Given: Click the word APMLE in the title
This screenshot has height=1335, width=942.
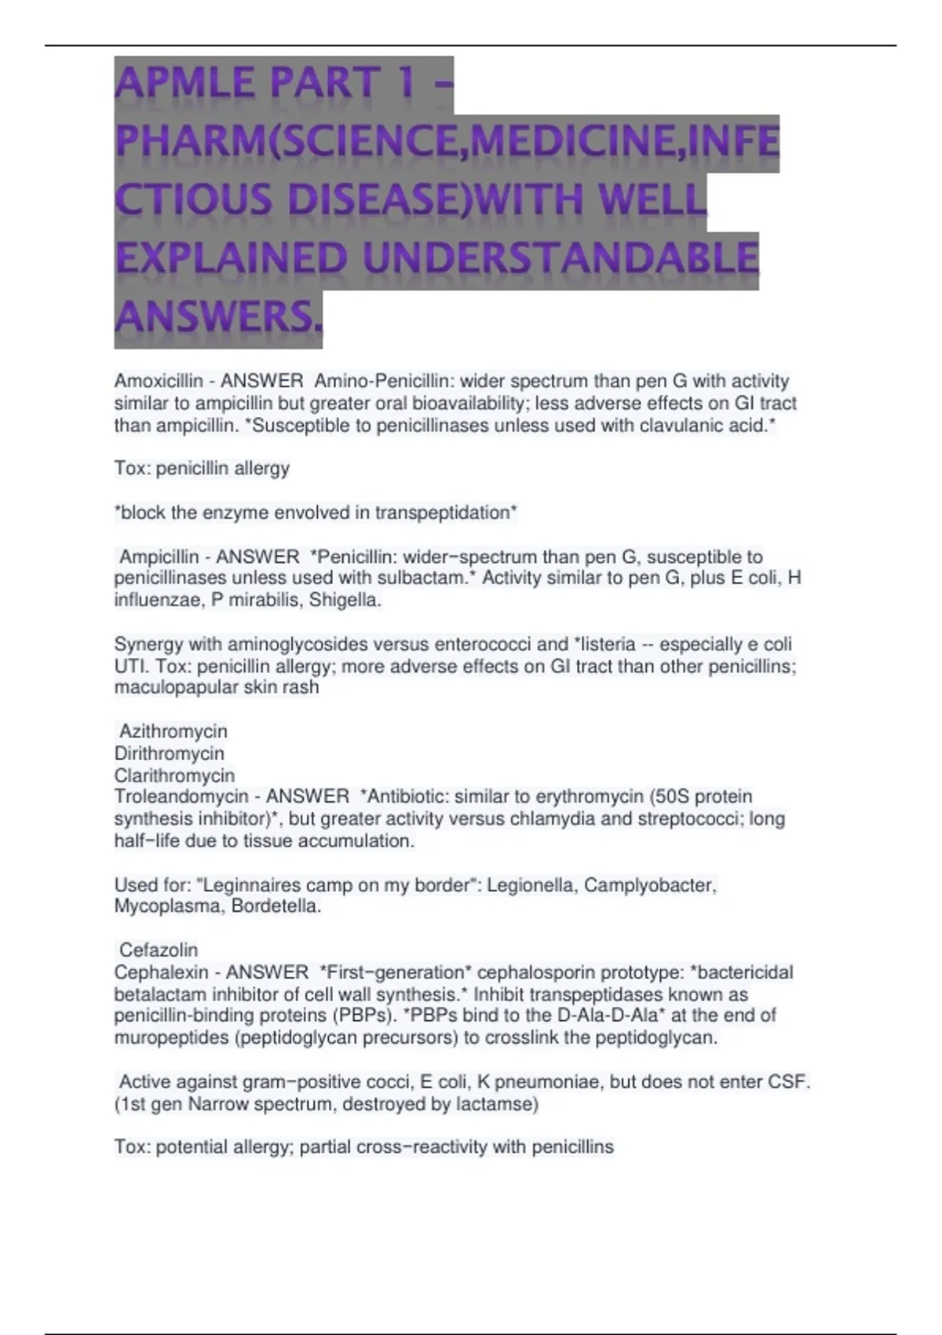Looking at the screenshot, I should [184, 84].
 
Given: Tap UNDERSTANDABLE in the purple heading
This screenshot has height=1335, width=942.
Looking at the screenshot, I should [560, 259].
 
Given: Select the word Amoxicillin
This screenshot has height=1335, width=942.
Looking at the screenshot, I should [158, 382].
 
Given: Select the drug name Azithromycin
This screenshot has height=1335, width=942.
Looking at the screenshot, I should [173, 732].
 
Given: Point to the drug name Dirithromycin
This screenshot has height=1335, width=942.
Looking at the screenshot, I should [169, 754].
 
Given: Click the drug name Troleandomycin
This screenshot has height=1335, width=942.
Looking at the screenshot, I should [181, 797].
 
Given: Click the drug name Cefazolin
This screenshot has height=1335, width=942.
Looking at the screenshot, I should [159, 951].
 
